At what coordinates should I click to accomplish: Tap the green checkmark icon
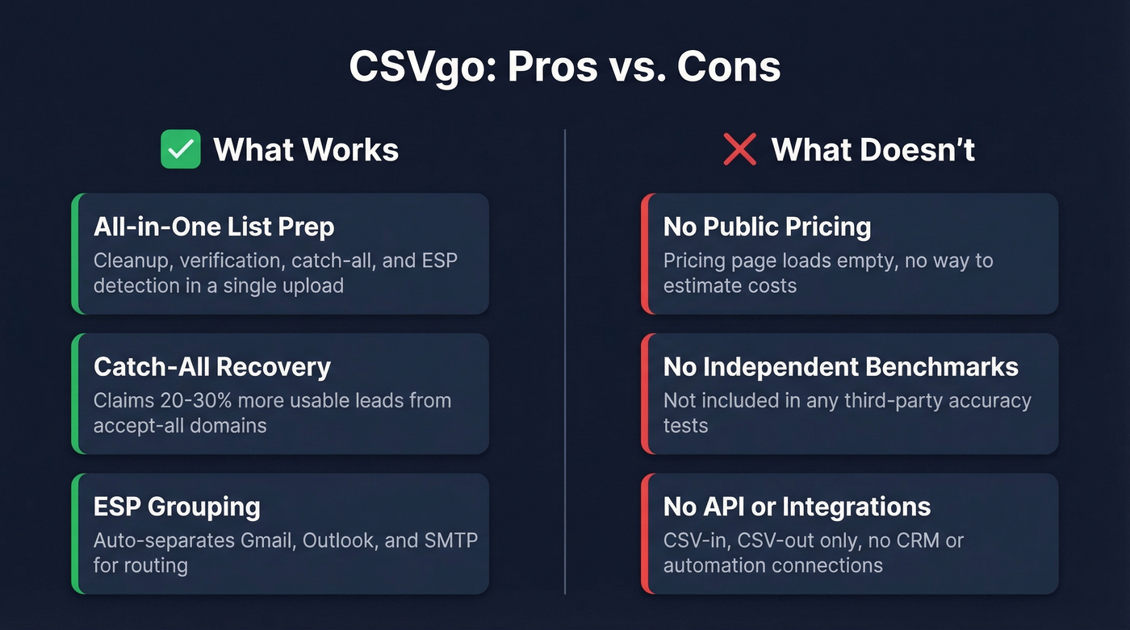(180, 150)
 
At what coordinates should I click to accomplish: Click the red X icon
(739, 150)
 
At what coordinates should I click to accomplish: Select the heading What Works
(306, 150)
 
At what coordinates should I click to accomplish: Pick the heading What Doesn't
(873, 150)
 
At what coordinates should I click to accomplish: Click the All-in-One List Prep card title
(214, 227)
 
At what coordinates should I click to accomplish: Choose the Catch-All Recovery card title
(212, 367)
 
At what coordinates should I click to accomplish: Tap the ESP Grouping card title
(177, 507)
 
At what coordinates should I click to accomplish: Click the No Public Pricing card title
(767, 227)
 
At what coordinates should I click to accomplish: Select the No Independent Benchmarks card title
(840, 367)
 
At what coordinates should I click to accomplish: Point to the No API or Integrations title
(797, 507)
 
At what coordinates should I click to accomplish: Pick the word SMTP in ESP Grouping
(451, 540)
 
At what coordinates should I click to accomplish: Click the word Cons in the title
(728, 67)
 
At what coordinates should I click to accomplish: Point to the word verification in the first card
(229, 261)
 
